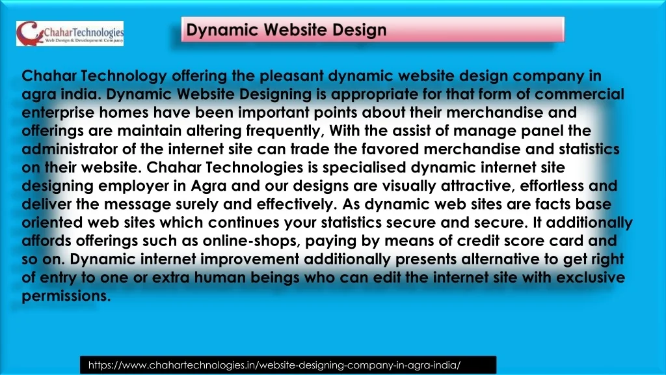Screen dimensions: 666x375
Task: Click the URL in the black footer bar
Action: [x=274, y=365]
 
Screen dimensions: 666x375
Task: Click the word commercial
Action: [x=579, y=94]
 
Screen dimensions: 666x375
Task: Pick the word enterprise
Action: [x=58, y=113]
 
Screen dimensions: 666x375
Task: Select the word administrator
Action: [x=70, y=149]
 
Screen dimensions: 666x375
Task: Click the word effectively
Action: [x=297, y=204]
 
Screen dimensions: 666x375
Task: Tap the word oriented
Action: [x=52, y=223]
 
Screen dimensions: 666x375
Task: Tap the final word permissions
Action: [x=66, y=296]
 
